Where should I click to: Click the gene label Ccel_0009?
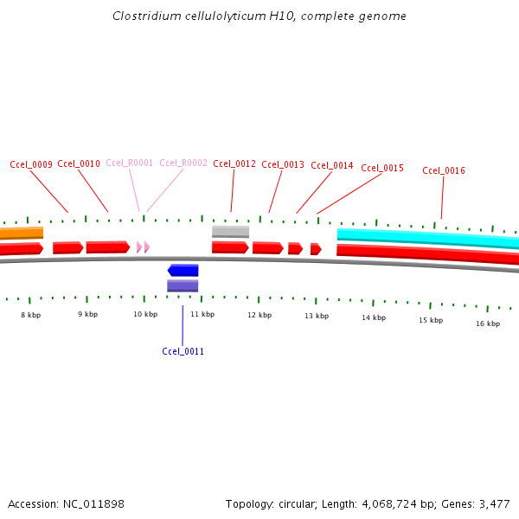point(31,164)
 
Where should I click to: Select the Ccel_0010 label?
point(79,163)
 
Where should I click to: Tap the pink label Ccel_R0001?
point(130,163)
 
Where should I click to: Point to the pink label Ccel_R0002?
point(183,163)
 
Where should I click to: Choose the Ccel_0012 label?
point(234,163)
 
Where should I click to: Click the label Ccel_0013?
point(283,164)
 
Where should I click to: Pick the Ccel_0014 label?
point(332,165)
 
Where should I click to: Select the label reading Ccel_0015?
point(382,168)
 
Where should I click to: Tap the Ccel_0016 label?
point(444,170)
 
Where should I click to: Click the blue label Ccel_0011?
point(183,351)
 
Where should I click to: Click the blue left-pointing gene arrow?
point(183,270)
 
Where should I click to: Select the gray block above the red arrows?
point(230,231)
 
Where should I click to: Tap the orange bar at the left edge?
point(21,233)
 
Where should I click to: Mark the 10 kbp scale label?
point(145,314)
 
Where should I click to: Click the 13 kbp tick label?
point(317,316)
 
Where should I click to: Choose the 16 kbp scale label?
point(488,324)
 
